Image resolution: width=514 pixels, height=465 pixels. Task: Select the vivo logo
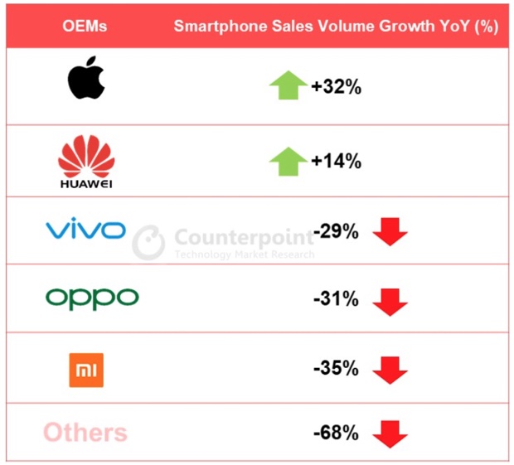point(85,230)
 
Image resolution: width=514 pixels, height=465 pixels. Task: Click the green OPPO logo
point(91,297)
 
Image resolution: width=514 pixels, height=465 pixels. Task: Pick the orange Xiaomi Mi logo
point(86,370)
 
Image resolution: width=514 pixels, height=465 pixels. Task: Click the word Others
point(85,432)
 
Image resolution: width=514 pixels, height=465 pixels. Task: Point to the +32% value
point(336,87)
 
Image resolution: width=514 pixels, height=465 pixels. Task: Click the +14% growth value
point(336,162)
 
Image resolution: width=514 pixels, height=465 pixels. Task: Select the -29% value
point(336,232)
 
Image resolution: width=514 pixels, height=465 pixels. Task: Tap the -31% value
point(336,299)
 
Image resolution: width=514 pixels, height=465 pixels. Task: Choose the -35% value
point(336,366)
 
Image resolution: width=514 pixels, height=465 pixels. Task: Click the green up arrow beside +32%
point(288,85)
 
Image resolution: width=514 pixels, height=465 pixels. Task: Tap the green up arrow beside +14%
point(288,160)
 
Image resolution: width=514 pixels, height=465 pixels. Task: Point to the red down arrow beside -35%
point(390,370)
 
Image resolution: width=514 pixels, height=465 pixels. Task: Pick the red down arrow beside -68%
point(390,434)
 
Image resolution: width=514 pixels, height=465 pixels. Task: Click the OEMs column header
point(85,26)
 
